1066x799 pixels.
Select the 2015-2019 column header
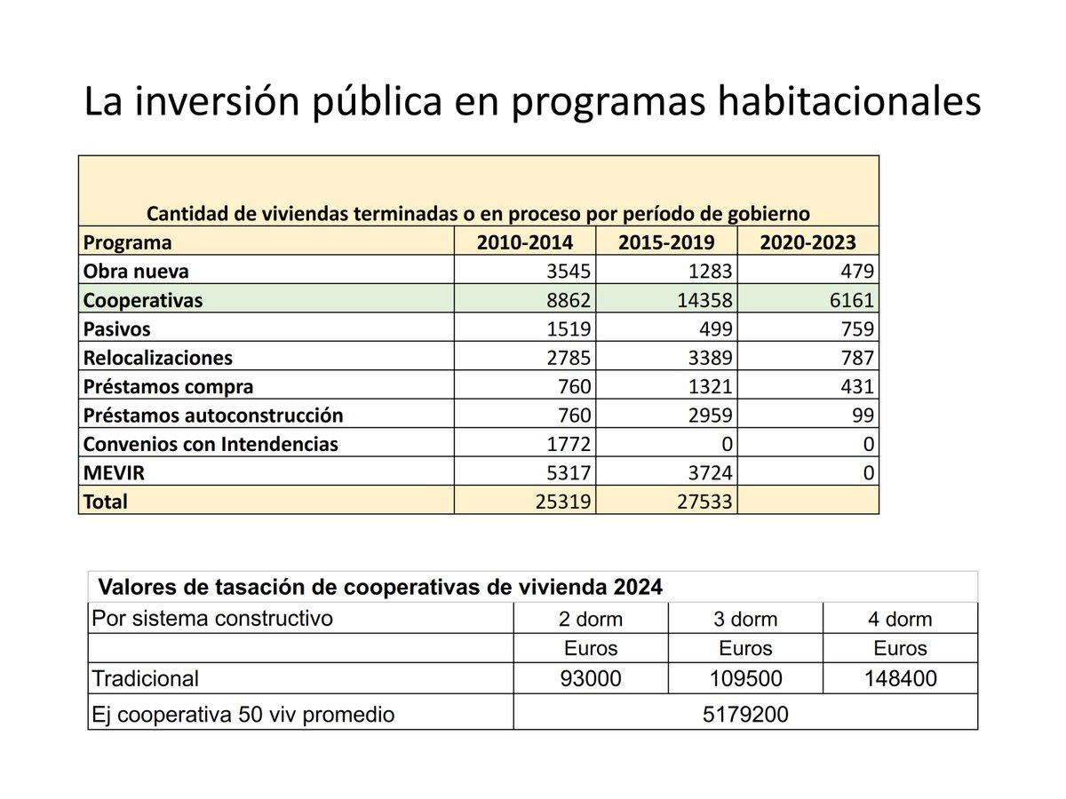pyautogui.click(x=666, y=242)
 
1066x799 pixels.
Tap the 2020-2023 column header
pyautogui.click(x=807, y=242)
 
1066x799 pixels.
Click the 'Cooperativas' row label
pyautogui.click(x=143, y=300)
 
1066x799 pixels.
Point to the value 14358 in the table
pyautogui.click(x=702, y=300)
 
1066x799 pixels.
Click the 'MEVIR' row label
pyautogui.click(x=114, y=473)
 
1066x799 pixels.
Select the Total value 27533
pyautogui.click(x=702, y=502)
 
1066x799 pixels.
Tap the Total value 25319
pyautogui.click(x=561, y=502)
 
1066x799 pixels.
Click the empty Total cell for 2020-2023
pyautogui.click(x=807, y=502)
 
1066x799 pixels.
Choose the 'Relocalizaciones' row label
pyautogui.click(x=158, y=358)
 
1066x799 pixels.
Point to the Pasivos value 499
pyautogui.click(x=714, y=329)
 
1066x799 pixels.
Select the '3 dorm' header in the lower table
pyautogui.click(x=745, y=619)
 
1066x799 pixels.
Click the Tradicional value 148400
pyautogui.click(x=900, y=679)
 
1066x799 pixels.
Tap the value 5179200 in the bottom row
pyautogui.click(x=745, y=714)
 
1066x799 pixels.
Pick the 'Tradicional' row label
pyautogui.click(x=146, y=679)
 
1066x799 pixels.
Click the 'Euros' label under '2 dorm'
pyautogui.click(x=591, y=648)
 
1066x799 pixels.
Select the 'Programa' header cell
pyautogui.click(x=128, y=242)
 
